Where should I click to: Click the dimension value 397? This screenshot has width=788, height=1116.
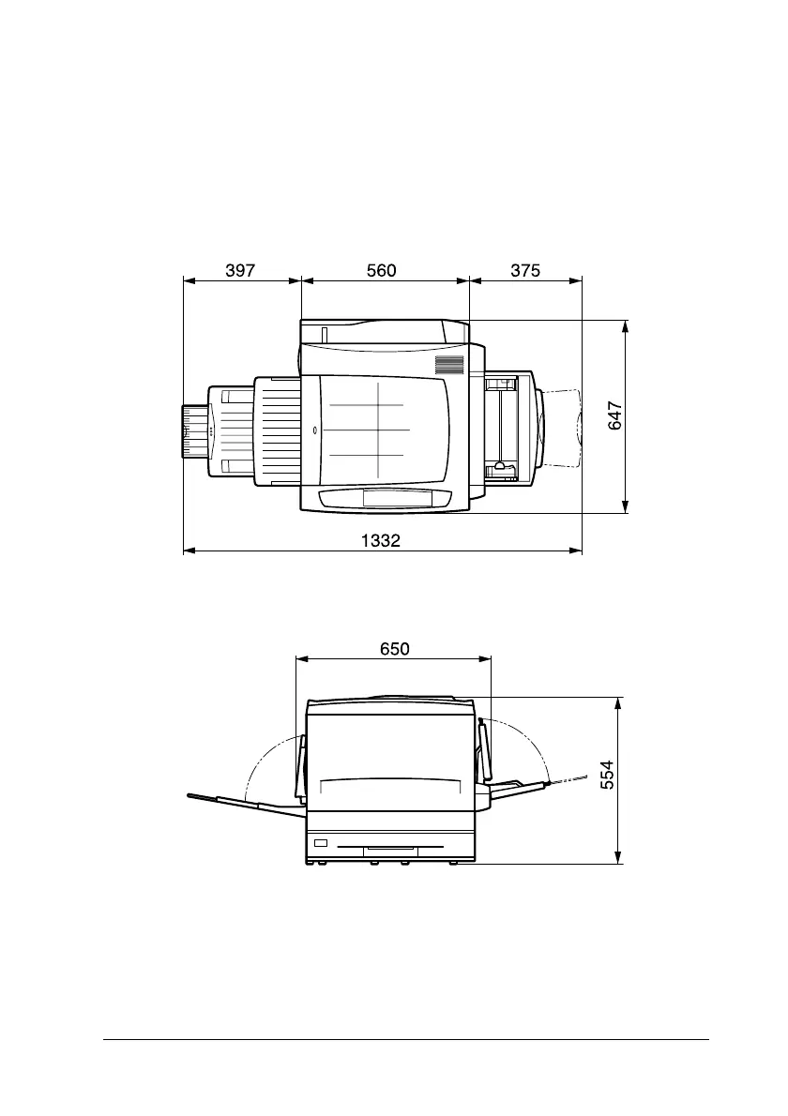click(240, 270)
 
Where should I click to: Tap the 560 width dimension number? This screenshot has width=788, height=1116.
click(382, 270)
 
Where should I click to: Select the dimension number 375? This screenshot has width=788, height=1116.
click(525, 270)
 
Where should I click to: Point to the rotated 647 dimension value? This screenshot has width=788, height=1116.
click(615, 416)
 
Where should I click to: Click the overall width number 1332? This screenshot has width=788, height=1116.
click(381, 541)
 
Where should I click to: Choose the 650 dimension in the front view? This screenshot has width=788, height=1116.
click(394, 649)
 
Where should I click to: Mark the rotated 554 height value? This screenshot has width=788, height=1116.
click(607, 775)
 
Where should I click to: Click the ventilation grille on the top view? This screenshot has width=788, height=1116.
click(450, 365)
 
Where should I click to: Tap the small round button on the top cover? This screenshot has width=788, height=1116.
click(315, 430)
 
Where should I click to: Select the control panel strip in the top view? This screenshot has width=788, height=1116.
click(386, 497)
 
